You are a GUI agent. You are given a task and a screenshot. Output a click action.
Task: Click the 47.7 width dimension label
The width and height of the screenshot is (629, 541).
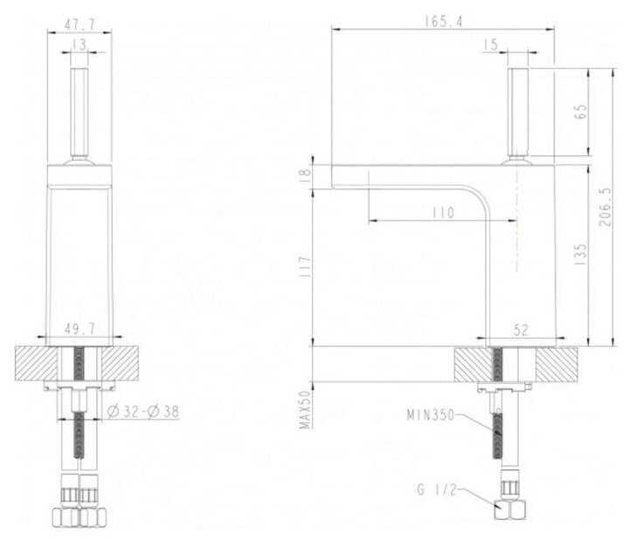coord(79,24)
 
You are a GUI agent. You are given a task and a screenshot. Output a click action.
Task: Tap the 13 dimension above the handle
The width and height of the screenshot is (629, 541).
coord(79,45)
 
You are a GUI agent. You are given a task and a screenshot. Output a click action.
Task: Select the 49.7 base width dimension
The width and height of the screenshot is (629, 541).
coord(79,329)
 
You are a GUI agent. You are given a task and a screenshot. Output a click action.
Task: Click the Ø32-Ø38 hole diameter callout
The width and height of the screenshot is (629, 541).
coord(143,412)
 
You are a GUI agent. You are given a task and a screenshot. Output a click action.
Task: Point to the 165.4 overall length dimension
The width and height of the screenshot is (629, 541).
coord(443,22)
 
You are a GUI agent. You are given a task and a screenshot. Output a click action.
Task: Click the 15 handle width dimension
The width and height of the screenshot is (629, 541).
coord(490,45)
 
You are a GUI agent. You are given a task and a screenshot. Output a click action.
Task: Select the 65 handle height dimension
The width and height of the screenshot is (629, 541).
coord(580,112)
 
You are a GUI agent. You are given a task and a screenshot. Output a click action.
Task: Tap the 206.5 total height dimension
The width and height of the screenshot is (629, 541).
coord(605,207)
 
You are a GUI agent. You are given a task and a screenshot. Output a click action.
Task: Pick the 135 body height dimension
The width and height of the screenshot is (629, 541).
coord(580,254)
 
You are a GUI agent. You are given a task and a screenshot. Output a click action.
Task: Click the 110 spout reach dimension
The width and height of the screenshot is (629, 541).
coord(443,212)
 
